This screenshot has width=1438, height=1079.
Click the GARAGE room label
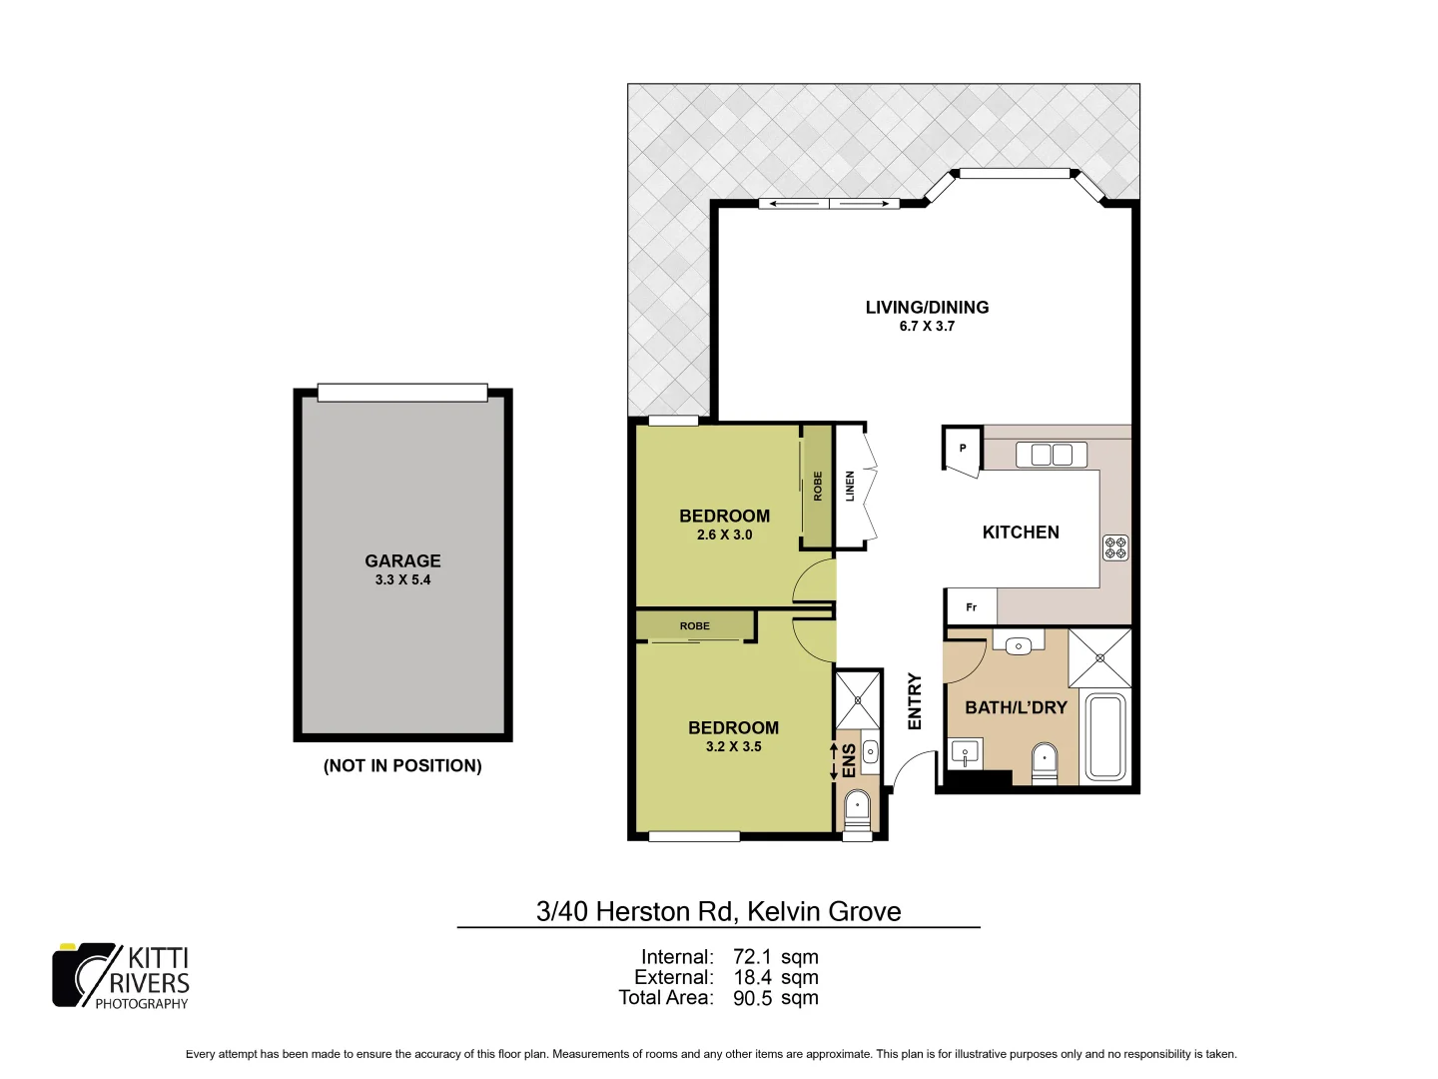pos(402,561)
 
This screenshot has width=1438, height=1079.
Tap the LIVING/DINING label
pos(927,308)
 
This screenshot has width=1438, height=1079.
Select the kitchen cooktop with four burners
pos(1115,547)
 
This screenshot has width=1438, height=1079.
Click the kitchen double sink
pos(1051,455)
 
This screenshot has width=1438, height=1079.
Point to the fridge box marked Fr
pos(971,607)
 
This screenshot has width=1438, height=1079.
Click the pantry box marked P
pos(962,449)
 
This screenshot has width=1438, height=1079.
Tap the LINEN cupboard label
pos(850,487)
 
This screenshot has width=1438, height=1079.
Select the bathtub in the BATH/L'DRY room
pos(1105,736)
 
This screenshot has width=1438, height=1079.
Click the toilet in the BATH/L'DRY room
pos(1044,763)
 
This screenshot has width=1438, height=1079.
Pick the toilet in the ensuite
pos(857,809)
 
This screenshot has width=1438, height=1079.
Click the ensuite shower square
pos(858,699)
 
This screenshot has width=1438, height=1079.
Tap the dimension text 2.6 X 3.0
pos(724,536)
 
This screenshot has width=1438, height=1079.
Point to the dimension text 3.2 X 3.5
pos(733,747)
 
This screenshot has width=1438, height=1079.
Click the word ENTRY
pos(915,701)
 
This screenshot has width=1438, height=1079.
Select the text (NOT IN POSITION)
pos(402,766)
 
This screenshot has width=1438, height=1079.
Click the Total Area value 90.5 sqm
pos(775,998)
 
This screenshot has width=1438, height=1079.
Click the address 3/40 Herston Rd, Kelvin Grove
pos(718,911)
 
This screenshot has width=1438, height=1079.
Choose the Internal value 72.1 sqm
pos(775,957)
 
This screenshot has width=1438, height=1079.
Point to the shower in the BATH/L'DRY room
pos(1099,657)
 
